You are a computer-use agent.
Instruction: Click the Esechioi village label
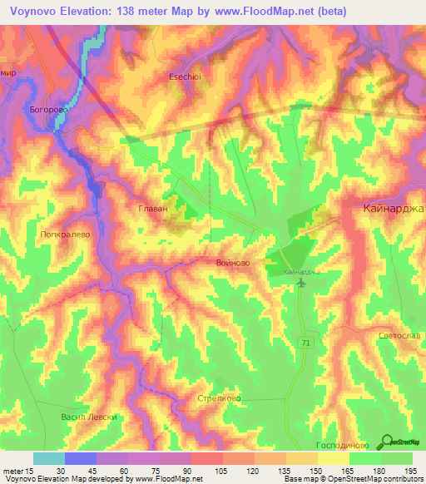coord(186,72)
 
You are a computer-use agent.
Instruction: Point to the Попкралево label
coord(64,235)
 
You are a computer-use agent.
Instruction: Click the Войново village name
coord(227,263)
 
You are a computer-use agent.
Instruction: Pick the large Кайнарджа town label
coord(394,210)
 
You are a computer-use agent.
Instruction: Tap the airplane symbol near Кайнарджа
coord(301,284)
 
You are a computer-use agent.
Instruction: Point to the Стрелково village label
coord(219,398)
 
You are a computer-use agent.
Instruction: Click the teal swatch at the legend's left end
coord(48,458)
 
